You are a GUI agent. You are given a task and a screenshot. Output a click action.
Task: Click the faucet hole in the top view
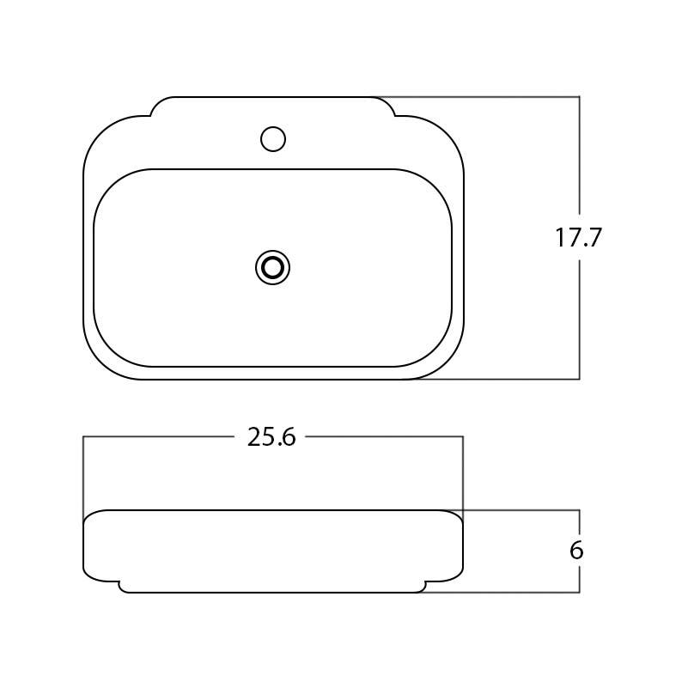(272, 138)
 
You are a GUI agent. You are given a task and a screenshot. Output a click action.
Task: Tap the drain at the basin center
(272, 268)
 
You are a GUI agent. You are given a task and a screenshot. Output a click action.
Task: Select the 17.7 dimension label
(578, 238)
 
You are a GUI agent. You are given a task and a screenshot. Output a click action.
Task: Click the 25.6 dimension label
(271, 437)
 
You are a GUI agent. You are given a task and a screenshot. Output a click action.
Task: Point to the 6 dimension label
(576, 551)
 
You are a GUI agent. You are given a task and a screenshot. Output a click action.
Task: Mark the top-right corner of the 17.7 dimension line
(580, 97)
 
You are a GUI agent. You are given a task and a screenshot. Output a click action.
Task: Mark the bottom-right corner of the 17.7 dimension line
(580, 379)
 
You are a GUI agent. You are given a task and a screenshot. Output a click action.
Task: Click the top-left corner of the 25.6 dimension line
(83, 436)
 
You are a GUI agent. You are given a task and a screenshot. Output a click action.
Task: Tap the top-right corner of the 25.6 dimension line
(463, 436)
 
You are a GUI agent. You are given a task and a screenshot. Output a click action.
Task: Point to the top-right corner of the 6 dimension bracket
(580, 510)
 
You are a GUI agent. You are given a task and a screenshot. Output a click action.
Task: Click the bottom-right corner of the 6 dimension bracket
(580, 592)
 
